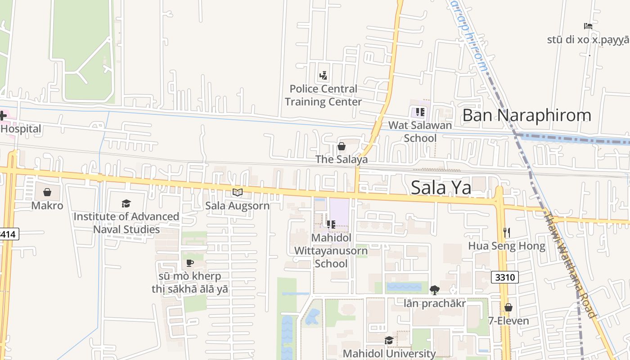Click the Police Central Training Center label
tap(323, 95)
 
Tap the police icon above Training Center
tap(323, 75)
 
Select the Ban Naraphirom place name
tap(526, 115)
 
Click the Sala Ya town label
tap(441, 188)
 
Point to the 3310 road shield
tap(505, 277)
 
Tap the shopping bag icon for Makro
tap(47, 193)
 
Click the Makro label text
tap(47, 206)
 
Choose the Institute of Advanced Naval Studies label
tap(126, 223)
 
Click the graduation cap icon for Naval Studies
tap(126, 204)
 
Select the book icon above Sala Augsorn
tap(237, 193)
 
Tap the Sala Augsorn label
tap(237, 206)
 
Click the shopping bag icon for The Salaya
tap(342, 146)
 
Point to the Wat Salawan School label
tap(420, 131)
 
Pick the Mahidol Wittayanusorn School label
tap(331, 250)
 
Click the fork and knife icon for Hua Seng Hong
tap(507, 233)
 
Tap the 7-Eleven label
tap(508, 321)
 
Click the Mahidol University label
tap(389, 354)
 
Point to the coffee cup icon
tap(189, 263)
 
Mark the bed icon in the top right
tap(588, 26)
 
